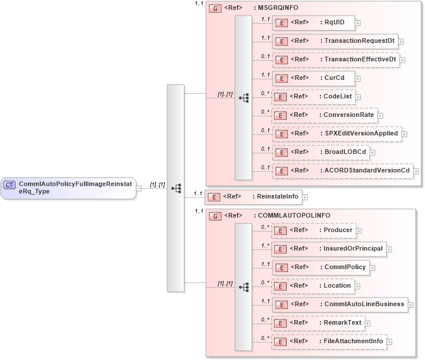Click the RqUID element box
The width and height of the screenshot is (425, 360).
point(313,23)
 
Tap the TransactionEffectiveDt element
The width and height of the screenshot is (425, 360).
point(335,60)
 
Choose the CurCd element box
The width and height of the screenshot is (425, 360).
point(313,78)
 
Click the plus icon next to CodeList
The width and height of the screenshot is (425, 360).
point(359,97)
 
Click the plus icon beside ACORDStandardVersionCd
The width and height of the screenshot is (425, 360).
point(416,171)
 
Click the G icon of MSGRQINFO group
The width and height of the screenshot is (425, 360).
point(215,9)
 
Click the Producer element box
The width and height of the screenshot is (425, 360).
point(313,230)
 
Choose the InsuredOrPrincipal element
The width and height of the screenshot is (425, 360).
point(328,249)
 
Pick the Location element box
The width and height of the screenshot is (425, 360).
point(313,286)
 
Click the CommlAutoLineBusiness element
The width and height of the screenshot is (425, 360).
point(339,304)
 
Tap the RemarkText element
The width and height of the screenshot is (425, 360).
point(318,323)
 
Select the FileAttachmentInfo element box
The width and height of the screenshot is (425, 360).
point(329,341)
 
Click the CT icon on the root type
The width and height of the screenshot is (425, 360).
point(10,185)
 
